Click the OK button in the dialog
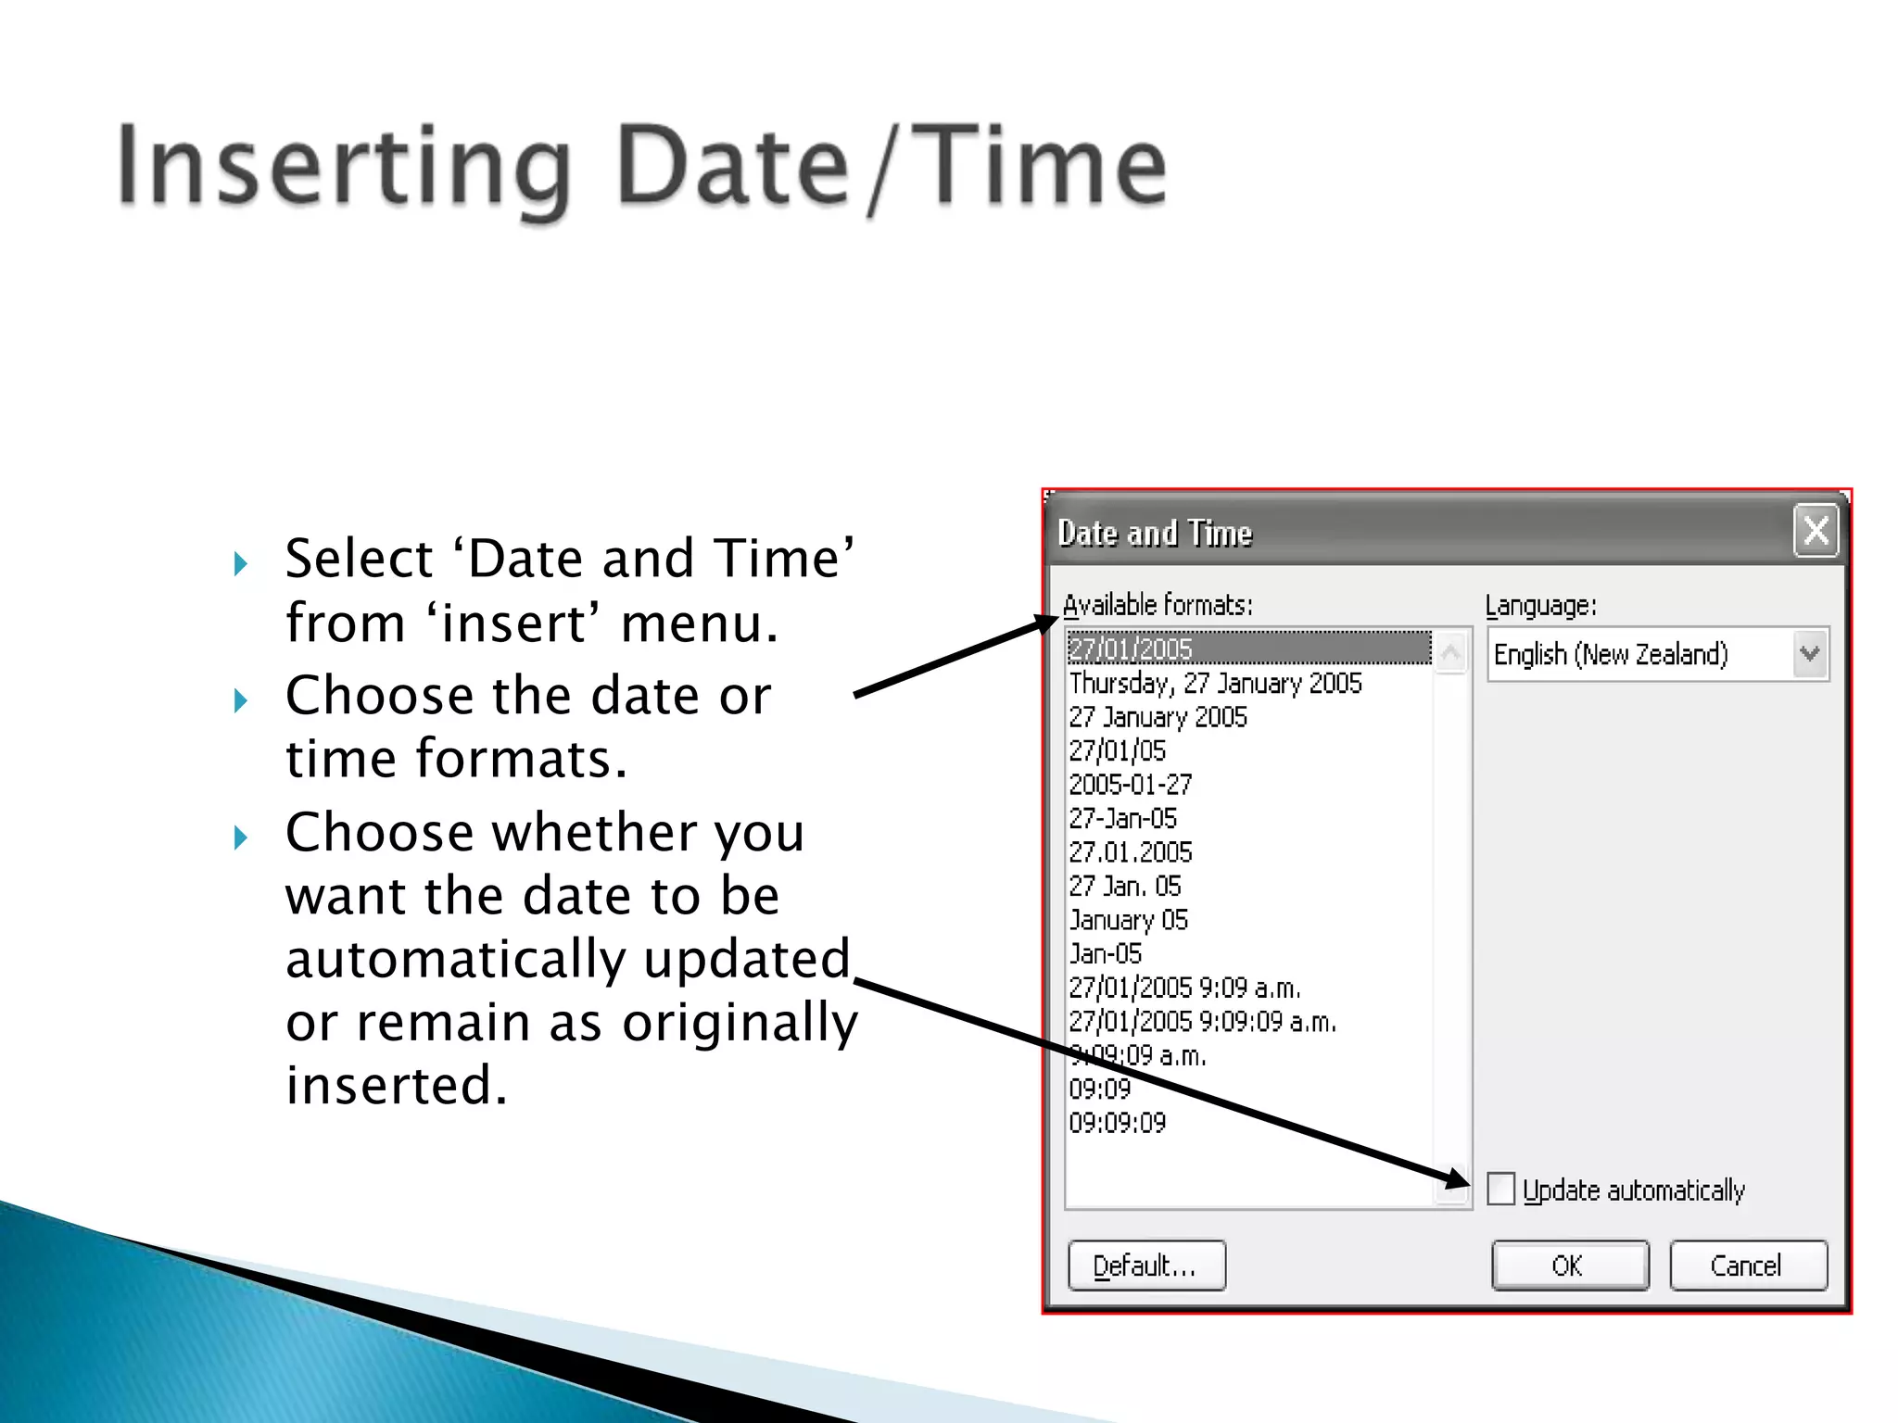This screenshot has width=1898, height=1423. [1569, 1266]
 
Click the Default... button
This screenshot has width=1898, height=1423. [1146, 1266]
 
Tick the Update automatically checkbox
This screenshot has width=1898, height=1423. [1500, 1189]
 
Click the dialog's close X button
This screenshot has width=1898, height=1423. [1816, 531]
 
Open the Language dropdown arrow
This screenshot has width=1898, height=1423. [1809, 654]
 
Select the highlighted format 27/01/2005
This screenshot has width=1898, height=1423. [1131, 649]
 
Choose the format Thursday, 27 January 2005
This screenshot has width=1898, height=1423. [1215, 684]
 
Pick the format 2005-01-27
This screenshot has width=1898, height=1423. [1130, 785]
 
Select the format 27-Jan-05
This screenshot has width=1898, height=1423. [1122, 819]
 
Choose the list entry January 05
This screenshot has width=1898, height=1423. [1128, 920]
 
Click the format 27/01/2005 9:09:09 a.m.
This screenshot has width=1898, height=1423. [1202, 1022]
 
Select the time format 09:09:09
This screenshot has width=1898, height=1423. [1117, 1123]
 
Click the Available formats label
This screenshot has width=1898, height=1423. [1158, 605]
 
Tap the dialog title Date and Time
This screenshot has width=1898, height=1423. [1155, 534]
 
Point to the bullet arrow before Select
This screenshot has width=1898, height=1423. [241, 563]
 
